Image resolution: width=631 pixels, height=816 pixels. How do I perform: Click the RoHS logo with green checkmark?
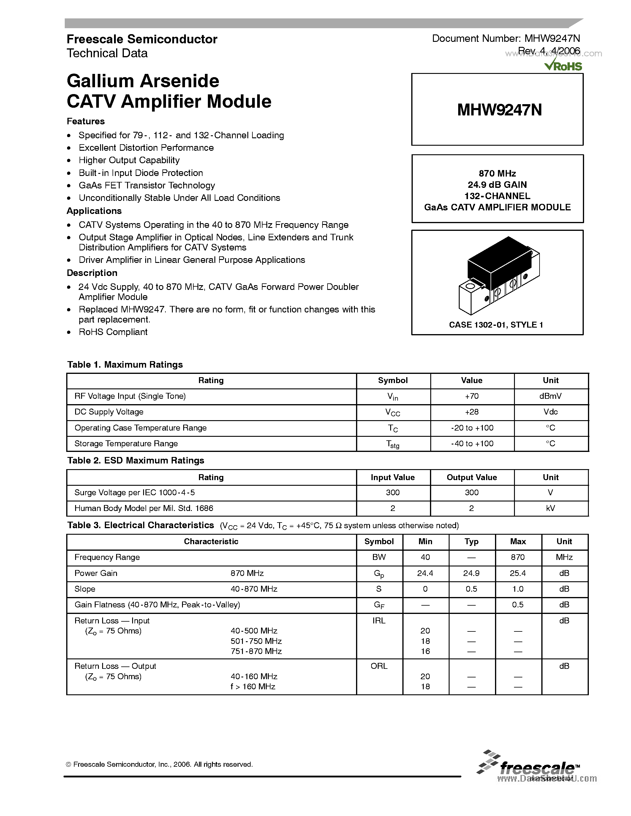click(563, 66)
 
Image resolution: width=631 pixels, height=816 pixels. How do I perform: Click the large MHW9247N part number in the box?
click(499, 110)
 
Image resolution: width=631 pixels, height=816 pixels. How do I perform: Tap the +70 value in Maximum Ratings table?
click(472, 396)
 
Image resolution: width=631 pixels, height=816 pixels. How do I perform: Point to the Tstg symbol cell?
click(393, 444)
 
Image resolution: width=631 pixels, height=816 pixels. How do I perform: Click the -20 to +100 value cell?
click(472, 428)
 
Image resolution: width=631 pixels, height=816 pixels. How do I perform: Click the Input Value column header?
click(393, 477)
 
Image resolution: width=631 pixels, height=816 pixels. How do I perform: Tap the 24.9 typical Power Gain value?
click(471, 573)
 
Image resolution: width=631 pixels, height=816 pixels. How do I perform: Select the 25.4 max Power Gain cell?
click(518, 573)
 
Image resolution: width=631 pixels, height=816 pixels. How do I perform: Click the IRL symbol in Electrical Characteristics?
click(379, 620)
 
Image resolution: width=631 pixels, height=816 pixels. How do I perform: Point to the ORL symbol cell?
click(379, 666)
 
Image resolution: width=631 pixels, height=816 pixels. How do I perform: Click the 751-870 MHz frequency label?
click(256, 651)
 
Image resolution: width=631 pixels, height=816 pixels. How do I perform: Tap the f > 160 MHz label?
click(253, 686)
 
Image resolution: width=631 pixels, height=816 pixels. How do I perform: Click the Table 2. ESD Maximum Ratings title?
click(136, 460)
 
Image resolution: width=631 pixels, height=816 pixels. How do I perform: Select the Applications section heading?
click(94, 211)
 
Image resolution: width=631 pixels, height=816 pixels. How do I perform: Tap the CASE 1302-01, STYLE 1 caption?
click(496, 325)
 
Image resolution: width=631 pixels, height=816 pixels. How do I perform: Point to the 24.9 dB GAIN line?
click(497, 185)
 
